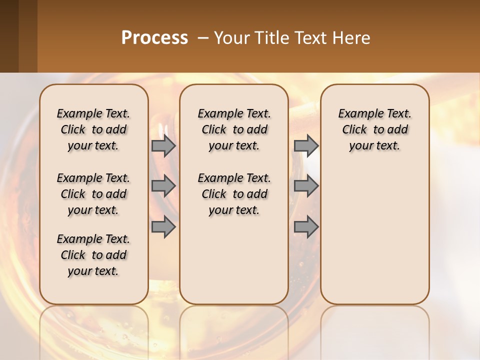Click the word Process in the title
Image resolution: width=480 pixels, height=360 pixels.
click(x=154, y=37)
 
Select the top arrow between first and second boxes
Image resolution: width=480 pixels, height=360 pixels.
click(x=163, y=145)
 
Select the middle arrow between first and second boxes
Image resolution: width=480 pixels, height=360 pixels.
click(x=163, y=186)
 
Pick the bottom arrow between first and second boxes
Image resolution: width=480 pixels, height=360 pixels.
click(x=163, y=227)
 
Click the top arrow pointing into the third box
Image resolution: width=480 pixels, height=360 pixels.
click(x=306, y=145)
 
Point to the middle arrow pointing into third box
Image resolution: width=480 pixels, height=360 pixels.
click(x=306, y=186)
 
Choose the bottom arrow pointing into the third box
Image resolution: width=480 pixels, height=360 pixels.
click(x=306, y=227)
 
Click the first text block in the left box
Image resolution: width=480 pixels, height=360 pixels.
click(x=93, y=129)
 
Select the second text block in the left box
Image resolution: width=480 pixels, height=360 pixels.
click(x=93, y=194)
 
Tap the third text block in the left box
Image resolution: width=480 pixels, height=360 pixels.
click(x=93, y=255)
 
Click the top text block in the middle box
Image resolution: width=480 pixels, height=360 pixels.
click(x=234, y=129)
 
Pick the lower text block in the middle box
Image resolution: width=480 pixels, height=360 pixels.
click(x=234, y=194)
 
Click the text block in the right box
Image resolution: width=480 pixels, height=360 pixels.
click(x=374, y=129)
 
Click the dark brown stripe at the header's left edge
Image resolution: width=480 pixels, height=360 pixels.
click(x=9, y=36)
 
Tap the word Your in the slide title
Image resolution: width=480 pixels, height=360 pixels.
click(x=230, y=37)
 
